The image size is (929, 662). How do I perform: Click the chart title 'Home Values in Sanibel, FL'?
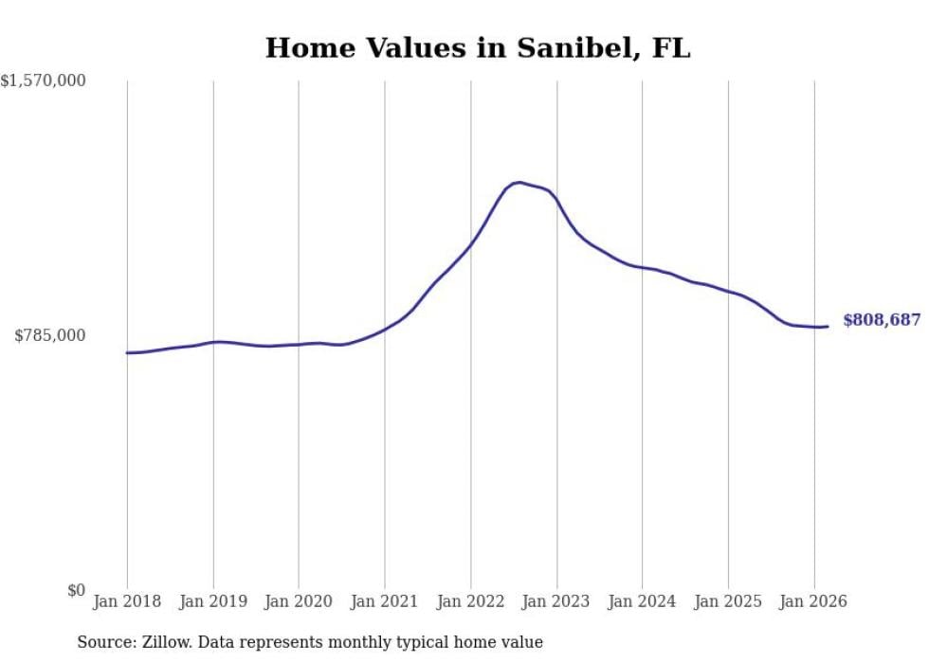coord(478,48)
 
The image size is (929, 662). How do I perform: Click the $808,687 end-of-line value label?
coord(882,320)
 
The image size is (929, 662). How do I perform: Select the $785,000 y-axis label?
coord(49,335)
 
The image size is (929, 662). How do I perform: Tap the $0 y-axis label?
coord(76,590)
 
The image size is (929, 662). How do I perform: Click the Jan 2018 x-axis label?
coord(127,601)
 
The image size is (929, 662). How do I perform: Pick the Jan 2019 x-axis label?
coord(213,601)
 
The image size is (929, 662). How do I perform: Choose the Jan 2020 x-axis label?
coord(299,601)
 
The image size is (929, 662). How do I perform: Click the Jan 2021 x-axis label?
coord(385,601)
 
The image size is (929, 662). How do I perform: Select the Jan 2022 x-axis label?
coord(470,601)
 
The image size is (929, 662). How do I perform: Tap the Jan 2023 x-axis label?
coord(556,601)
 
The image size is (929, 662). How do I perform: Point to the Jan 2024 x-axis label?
coord(642,601)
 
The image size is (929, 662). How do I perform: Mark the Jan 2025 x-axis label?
coord(728,601)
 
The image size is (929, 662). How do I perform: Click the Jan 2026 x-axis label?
coord(813,601)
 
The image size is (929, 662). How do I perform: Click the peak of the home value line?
coord(519,182)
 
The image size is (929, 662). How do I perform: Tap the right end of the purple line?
coord(828,327)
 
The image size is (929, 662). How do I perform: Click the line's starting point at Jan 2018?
coord(127,352)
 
